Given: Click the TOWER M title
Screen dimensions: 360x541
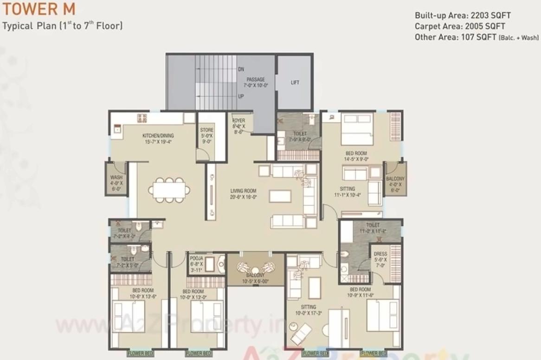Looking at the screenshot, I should pyautogui.click(x=39, y=9).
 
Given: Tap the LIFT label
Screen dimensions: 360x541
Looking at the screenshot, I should pyautogui.click(x=295, y=83).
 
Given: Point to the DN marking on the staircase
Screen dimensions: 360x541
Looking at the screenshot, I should pyautogui.click(x=241, y=69).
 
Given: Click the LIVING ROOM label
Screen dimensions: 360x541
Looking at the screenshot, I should pyautogui.click(x=244, y=193).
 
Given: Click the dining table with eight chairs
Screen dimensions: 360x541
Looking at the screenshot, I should pyautogui.click(x=169, y=190).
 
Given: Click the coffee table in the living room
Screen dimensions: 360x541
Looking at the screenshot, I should pyautogui.click(x=280, y=196).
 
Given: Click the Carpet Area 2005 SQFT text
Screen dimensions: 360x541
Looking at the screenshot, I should pyautogui.click(x=460, y=26).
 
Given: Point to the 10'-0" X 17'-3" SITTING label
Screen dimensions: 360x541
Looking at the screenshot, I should pyautogui.click(x=308, y=310).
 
